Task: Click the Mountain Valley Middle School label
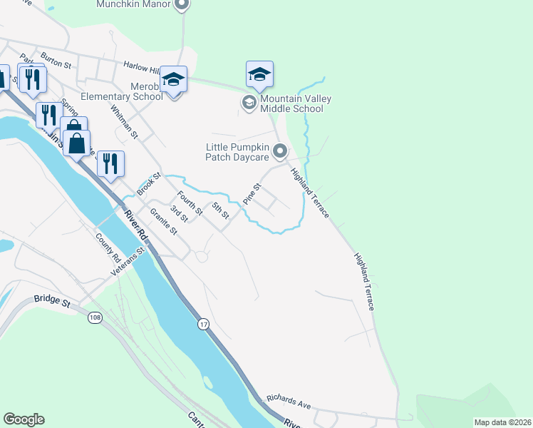coord(292,103)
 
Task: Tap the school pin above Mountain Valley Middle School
coord(260,74)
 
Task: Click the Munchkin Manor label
coord(135,5)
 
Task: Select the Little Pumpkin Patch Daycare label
coord(237,152)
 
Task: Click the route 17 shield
coord(203,325)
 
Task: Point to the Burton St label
coord(56,60)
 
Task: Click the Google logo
coord(24,419)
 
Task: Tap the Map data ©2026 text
coord(502,422)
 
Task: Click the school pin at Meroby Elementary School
coord(173,79)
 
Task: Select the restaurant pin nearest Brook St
coord(110,163)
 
